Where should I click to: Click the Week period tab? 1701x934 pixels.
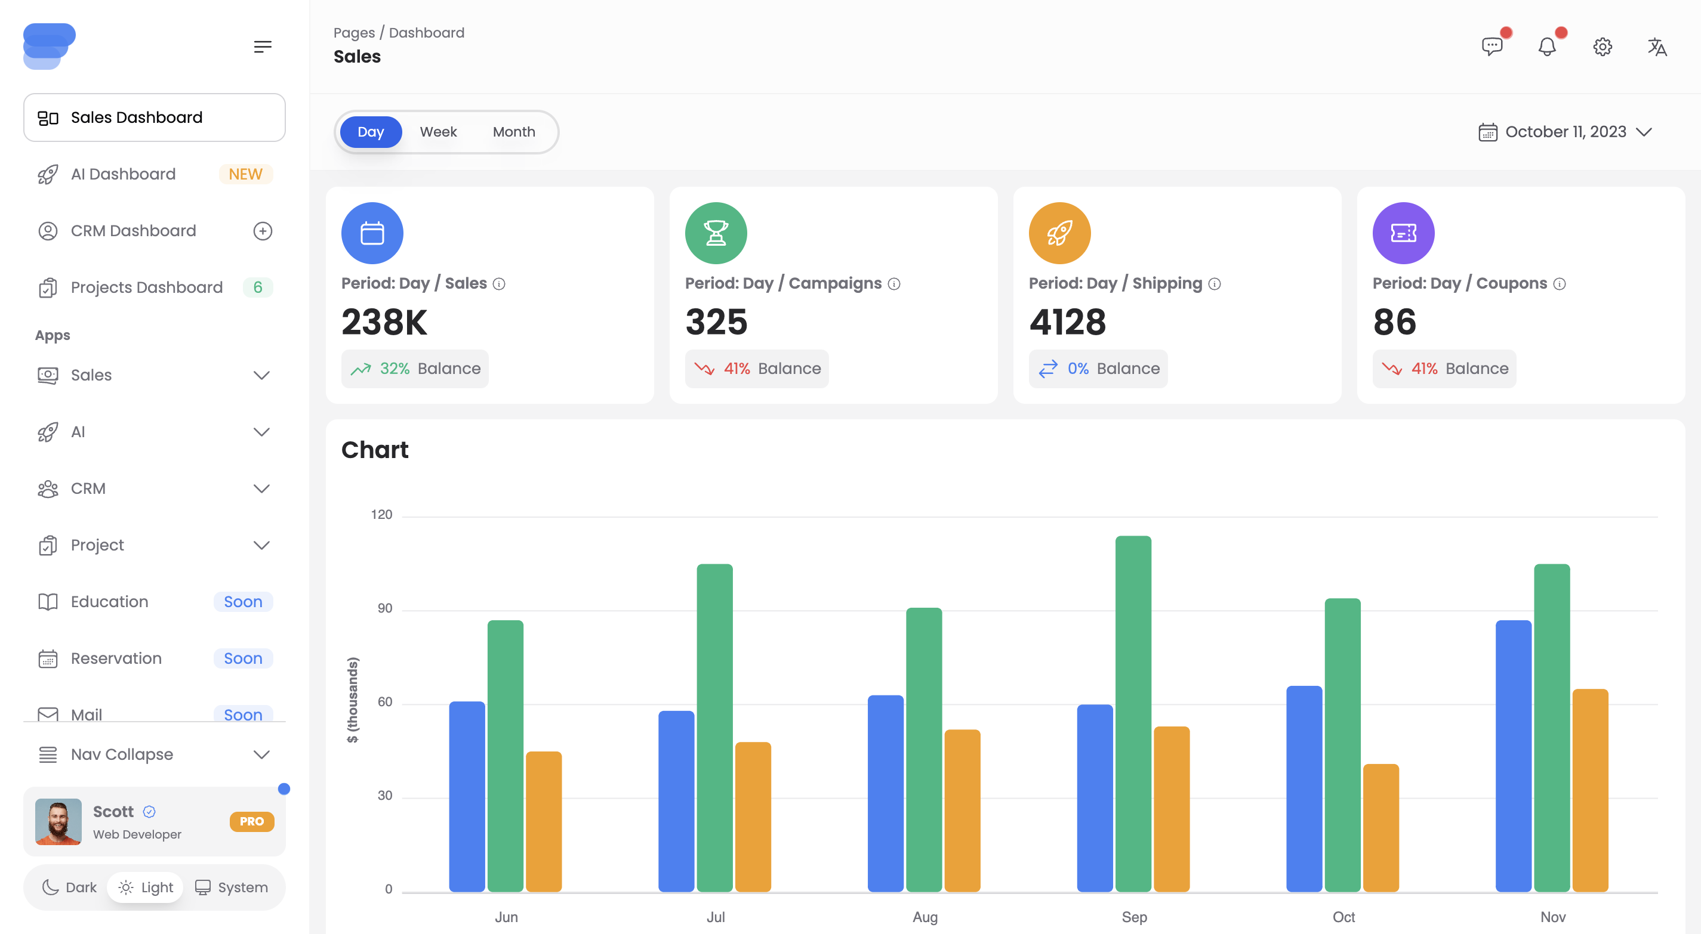click(x=438, y=132)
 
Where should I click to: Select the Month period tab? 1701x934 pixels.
click(x=514, y=132)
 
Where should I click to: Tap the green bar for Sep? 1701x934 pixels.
click(x=1133, y=713)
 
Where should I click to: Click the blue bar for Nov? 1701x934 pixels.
click(x=1513, y=756)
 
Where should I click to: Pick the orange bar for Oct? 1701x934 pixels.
click(x=1380, y=828)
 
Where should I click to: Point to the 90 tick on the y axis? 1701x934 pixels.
click(x=384, y=608)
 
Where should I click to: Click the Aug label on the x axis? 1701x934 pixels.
click(x=925, y=917)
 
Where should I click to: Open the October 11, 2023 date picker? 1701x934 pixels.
click(x=1565, y=132)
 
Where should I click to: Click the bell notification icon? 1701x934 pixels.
click(x=1547, y=47)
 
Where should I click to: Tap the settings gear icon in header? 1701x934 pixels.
click(x=1603, y=47)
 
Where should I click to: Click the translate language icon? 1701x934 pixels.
click(x=1657, y=47)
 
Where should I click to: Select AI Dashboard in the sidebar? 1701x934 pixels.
click(x=124, y=174)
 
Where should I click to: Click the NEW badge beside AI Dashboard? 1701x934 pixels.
click(x=245, y=174)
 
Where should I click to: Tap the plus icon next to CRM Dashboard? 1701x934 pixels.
click(x=262, y=231)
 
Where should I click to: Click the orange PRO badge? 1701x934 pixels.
click(x=252, y=821)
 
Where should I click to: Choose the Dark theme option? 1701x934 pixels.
click(x=70, y=887)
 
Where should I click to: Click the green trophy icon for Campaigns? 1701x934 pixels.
click(x=716, y=233)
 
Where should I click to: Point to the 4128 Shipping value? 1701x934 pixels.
click(x=1067, y=322)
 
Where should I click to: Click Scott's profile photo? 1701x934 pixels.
click(x=58, y=821)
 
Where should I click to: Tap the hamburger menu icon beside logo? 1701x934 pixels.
click(x=262, y=47)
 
